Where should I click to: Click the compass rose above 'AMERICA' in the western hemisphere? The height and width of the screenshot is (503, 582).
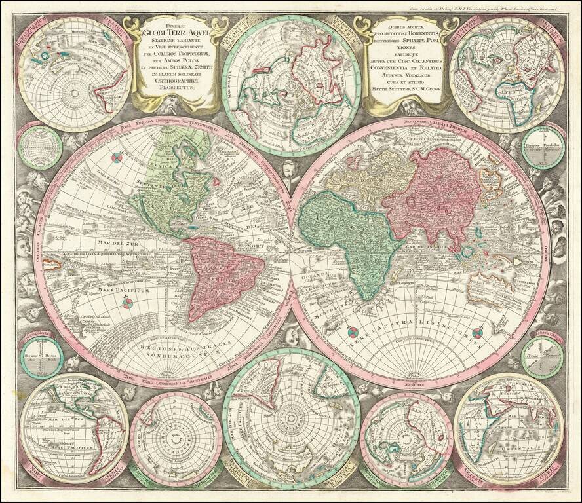click(x=117, y=158)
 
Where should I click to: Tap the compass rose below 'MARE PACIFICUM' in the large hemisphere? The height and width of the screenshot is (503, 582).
click(x=128, y=302)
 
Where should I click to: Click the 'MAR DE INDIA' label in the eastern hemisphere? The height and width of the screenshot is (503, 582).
click(x=419, y=246)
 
